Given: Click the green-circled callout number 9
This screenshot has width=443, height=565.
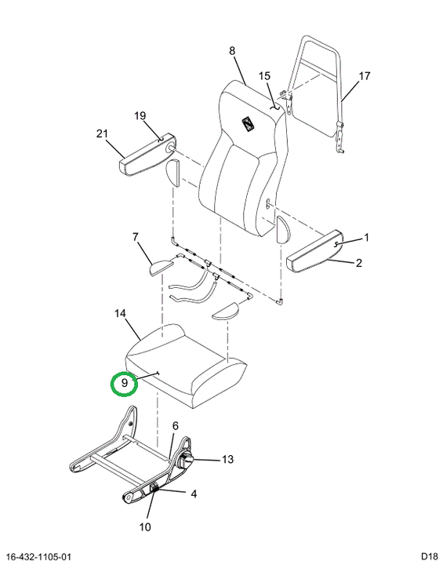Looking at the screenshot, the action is pyautogui.click(x=124, y=383).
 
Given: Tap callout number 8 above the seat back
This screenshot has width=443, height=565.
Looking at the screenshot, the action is pyautogui.click(x=232, y=51).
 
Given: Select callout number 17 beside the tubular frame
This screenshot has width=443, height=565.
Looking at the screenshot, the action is pyautogui.click(x=365, y=76).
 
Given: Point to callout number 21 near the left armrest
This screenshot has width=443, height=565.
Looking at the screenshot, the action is pyautogui.click(x=102, y=133).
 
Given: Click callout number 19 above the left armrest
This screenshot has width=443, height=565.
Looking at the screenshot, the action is pyautogui.click(x=140, y=115).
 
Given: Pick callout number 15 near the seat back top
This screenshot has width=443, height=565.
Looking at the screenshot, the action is pyautogui.click(x=264, y=76).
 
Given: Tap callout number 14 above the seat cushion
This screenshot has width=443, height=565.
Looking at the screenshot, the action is pyautogui.click(x=120, y=313).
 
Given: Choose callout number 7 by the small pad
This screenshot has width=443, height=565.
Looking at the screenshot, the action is pyautogui.click(x=135, y=237).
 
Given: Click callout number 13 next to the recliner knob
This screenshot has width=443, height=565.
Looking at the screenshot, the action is pyautogui.click(x=227, y=459).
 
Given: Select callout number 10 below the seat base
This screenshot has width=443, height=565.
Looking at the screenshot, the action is pyautogui.click(x=145, y=527).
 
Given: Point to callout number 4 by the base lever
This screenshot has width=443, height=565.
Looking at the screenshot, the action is pyautogui.click(x=194, y=494).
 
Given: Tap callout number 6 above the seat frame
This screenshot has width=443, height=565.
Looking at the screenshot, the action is pyautogui.click(x=176, y=426).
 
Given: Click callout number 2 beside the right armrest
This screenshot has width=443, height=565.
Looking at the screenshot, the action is pyautogui.click(x=358, y=263).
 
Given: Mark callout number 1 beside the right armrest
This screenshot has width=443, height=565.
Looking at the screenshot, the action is pyautogui.click(x=366, y=238).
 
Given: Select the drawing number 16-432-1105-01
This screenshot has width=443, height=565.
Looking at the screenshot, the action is pyautogui.click(x=39, y=557).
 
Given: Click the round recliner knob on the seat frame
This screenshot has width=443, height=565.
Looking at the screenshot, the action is pyautogui.click(x=186, y=460).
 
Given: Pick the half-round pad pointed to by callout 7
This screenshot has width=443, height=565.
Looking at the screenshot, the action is pyautogui.click(x=162, y=267).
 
